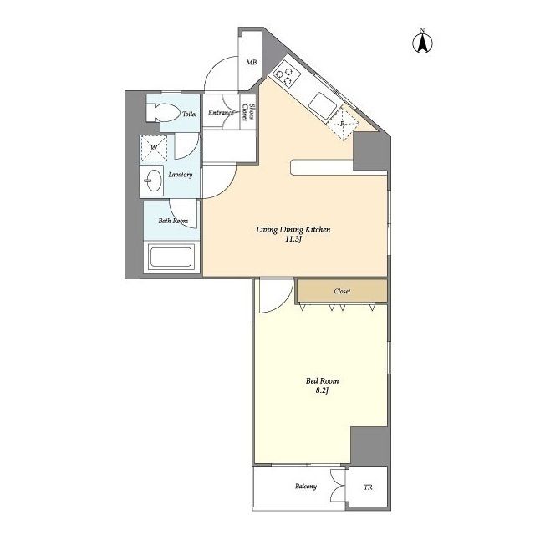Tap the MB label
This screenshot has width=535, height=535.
point(252,63)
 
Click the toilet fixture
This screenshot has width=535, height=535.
point(163,112)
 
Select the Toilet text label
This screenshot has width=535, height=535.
point(190,114)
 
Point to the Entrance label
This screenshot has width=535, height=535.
point(221,112)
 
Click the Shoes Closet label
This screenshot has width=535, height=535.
point(248,112)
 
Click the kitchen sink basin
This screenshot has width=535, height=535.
point(322,105)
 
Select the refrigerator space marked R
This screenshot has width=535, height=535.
point(343,124)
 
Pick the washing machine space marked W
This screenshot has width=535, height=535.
point(154,148)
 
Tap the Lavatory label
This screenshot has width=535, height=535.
point(181,175)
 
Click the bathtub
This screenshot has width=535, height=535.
point(171,257)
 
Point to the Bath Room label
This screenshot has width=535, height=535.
point(173,221)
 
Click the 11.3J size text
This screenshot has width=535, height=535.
point(293,239)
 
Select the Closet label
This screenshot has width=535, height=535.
point(342,292)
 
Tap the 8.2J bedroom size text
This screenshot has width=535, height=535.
point(322,390)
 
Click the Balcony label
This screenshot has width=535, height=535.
point(306,487)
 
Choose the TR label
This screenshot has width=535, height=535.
point(368,487)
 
